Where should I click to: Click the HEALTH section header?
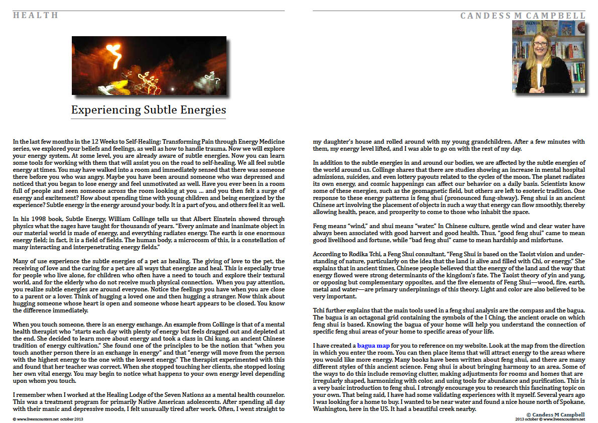(x=36, y=15)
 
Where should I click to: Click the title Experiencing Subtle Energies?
(x=149, y=110)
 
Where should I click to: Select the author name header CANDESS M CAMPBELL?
(x=523, y=16)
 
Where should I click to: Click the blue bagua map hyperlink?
(x=374, y=346)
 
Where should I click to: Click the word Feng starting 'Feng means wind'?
(x=320, y=226)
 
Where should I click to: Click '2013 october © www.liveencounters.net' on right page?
(x=550, y=418)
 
